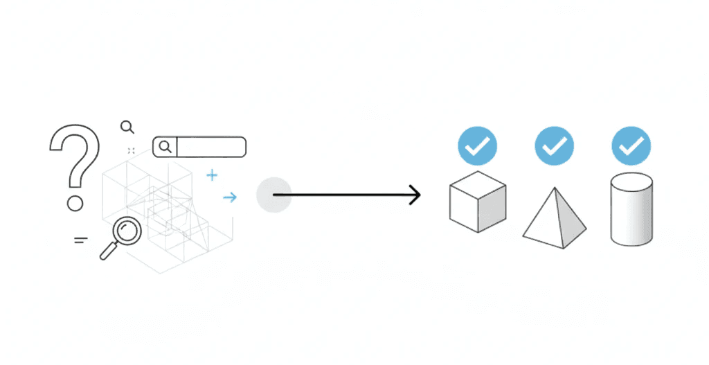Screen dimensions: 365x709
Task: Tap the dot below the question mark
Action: [x=75, y=203]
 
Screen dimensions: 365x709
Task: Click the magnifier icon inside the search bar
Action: [x=165, y=146]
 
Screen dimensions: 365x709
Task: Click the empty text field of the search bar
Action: [x=211, y=146]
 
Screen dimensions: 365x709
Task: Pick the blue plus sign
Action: [x=212, y=175]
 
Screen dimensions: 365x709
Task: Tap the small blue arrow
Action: [x=230, y=197]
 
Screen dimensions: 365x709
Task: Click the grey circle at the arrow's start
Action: [x=273, y=195]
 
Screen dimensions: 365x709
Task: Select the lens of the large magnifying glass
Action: [x=127, y=231]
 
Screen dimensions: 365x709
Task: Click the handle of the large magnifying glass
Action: [x=108, y=251]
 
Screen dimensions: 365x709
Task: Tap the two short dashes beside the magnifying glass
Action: [x=81, y=240]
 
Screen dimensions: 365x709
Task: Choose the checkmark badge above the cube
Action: [x=477, y=145]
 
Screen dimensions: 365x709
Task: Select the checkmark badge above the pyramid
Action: [x=555, y=145]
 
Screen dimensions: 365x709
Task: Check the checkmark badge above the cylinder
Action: [x=631, y=145]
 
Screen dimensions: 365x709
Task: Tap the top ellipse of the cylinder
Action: [x=631, y=182]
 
